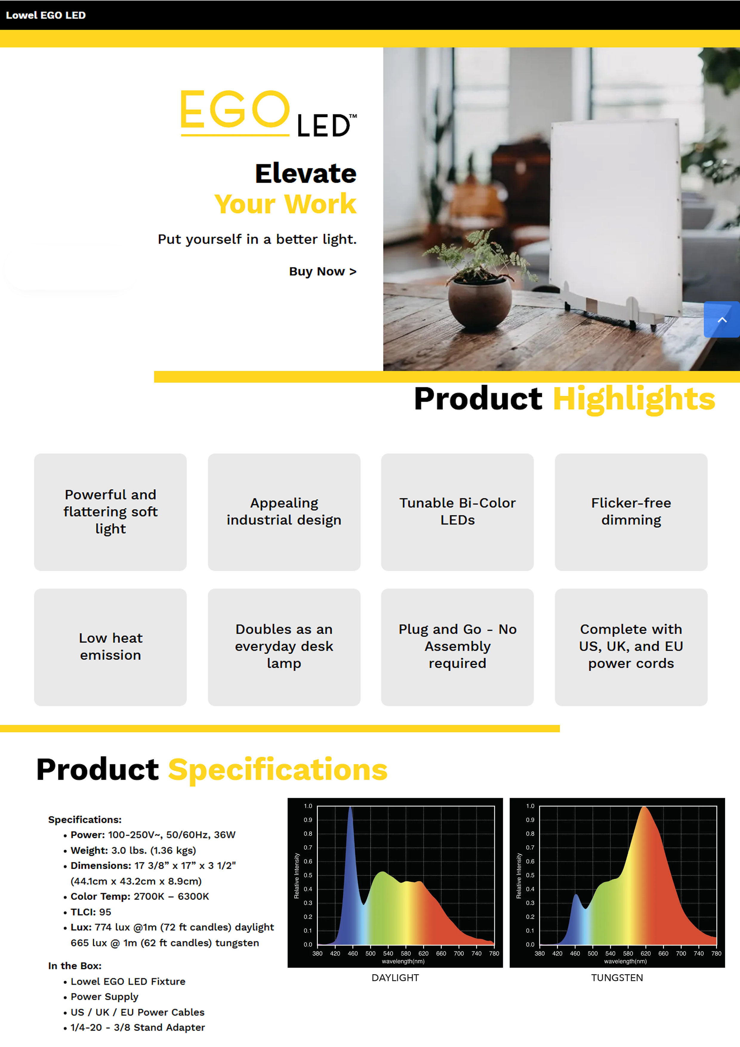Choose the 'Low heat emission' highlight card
pyautogui.click(x=110, y=647)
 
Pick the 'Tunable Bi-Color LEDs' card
pyautogui.click(x=457, y=512)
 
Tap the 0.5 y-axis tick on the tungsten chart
pyautogui.click(x=530, y=875)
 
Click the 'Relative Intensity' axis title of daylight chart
pyautogui.click(x=297, y=876)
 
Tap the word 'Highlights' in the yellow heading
pyautogui.click(x=634, y=399)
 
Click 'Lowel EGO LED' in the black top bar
pyautogui.click(x=46, y=15)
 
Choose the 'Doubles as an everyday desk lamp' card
pyautogui.click(x=284, y=647)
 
